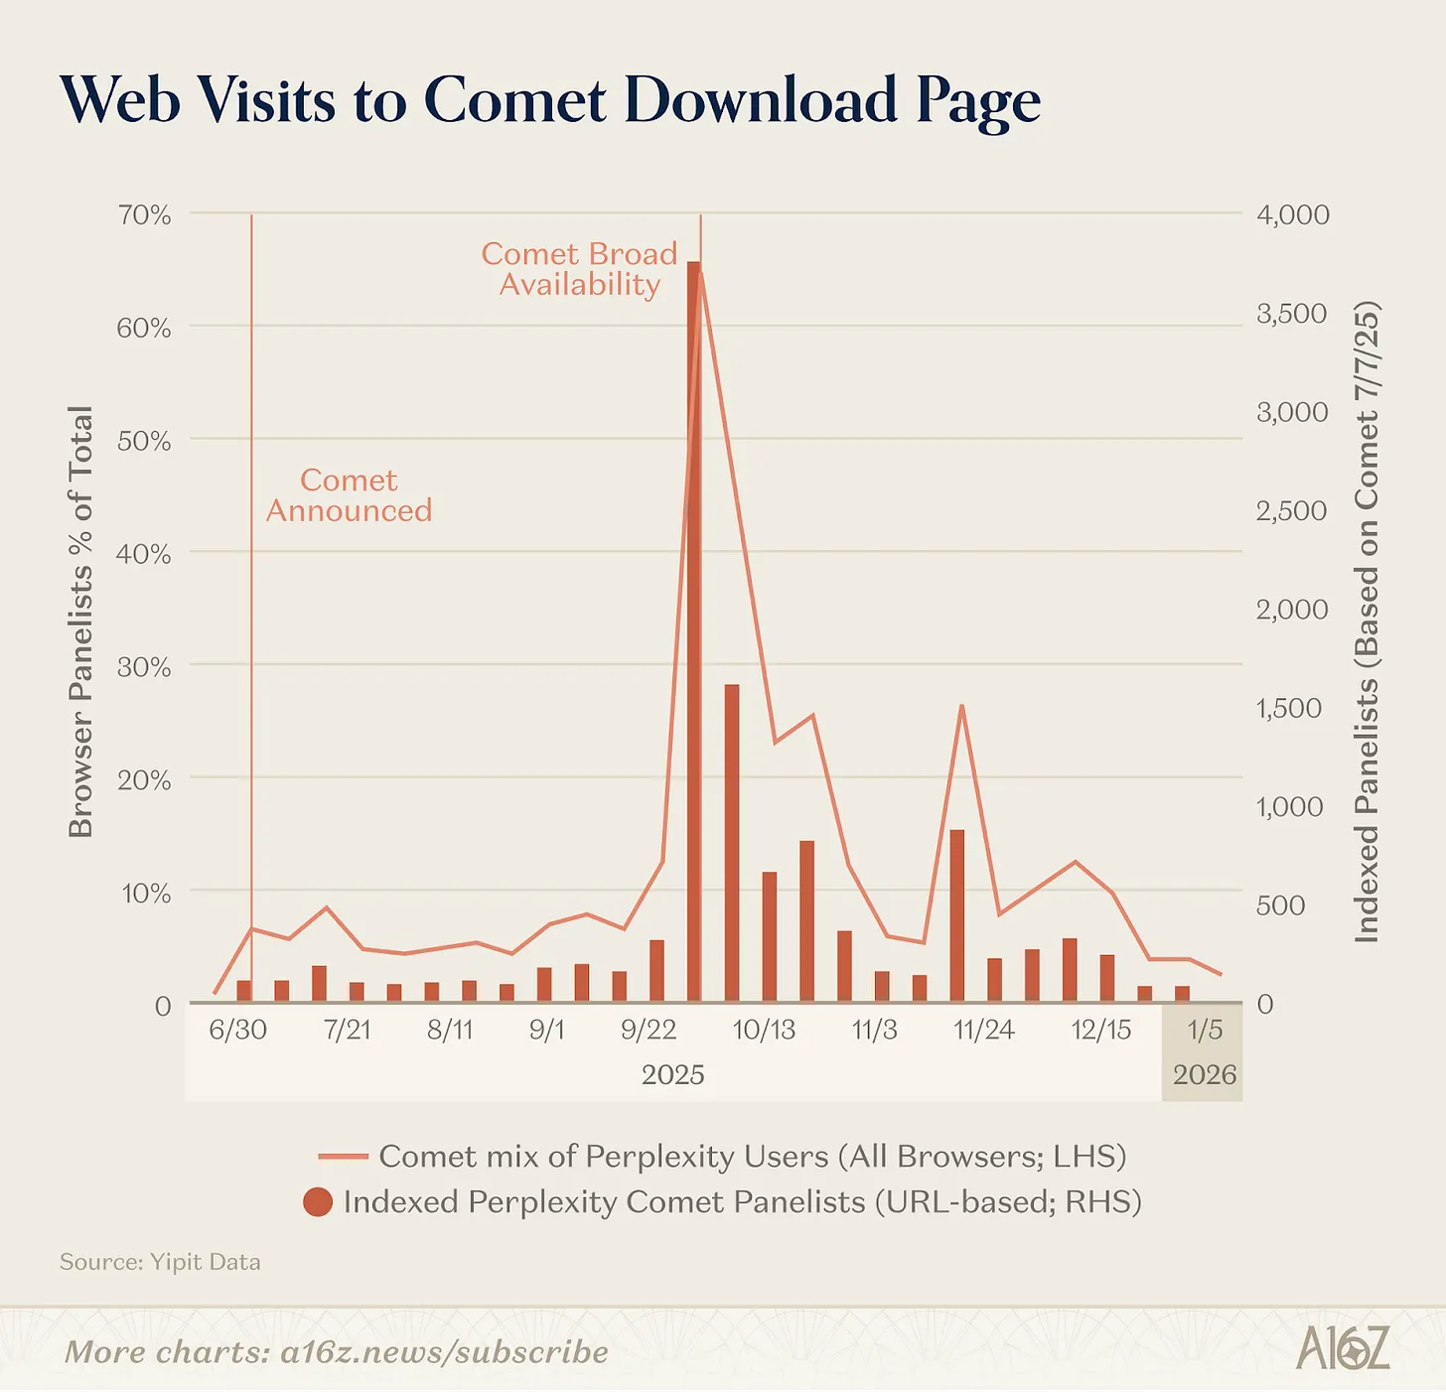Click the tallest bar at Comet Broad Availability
694,631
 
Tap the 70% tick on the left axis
144,215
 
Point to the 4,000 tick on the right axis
1293,214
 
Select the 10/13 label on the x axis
764,1030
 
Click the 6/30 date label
237,1030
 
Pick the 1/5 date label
1205,1030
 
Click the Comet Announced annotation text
350,495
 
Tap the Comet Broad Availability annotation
580,269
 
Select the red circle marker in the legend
318,1201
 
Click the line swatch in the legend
344,1157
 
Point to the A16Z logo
1342,1348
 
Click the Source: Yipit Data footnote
161,1262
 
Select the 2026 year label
1205,1075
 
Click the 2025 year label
673,1075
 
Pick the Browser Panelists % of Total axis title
81,622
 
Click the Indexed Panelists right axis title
1366,622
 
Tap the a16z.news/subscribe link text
444,1352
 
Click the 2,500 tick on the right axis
1291,511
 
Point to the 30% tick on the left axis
144,667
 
